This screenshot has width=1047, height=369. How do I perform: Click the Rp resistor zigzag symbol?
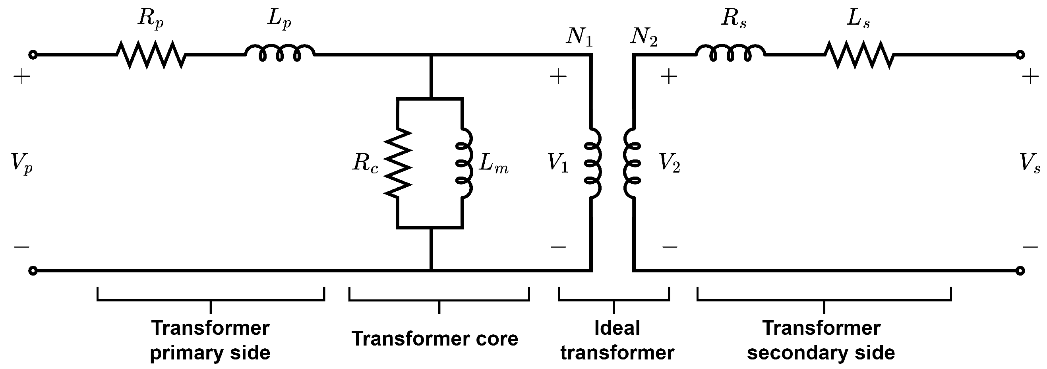coord(151,54)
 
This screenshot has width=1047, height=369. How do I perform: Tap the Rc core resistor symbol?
coord(398,163)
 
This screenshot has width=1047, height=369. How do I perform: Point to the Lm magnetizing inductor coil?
coord(464,163)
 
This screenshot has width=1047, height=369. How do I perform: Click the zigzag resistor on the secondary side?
coord(859,54)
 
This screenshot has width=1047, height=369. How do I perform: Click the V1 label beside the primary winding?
coord(557,163)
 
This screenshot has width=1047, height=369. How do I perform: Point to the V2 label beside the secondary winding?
coord(669,163)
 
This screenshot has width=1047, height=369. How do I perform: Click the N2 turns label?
coord(644,37)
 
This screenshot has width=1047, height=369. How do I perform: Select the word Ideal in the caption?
coord(617,328)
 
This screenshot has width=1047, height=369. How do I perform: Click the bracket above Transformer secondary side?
coord(824,300)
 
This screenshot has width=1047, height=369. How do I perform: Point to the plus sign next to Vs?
coord(1030,76)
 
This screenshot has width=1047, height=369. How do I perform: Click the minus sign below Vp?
coord(21,247)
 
